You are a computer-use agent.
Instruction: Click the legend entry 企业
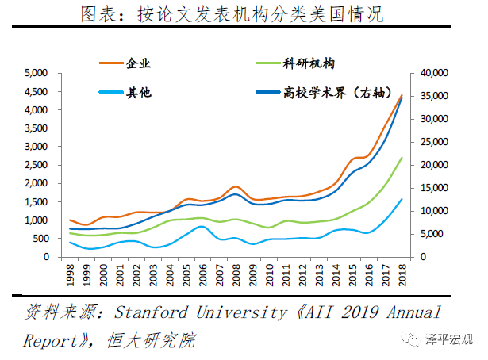(139, 64)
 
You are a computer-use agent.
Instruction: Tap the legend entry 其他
(139, 93)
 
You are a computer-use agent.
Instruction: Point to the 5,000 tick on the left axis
(37, 73)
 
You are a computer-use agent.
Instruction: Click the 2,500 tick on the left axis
(37, 165)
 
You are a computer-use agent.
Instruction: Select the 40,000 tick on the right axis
(433, 73)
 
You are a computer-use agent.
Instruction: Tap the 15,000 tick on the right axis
(433, 188)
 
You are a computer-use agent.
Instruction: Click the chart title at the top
(244, 14)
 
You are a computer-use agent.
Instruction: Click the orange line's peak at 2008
(236, 186)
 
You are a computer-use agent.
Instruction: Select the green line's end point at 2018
(402, 157)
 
